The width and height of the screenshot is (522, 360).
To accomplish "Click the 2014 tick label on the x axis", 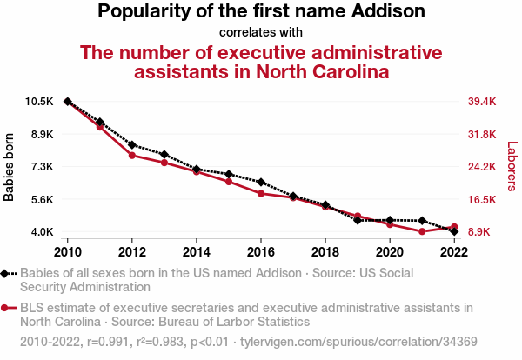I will point(197,251).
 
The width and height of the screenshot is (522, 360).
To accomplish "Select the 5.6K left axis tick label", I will point(41,199).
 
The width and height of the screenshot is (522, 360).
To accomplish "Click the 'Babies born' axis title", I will point(10,167).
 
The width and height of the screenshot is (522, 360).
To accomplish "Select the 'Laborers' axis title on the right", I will point(512,167).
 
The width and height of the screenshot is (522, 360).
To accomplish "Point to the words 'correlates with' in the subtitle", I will point(261,32).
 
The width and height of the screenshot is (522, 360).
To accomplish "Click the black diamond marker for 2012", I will point(132,144).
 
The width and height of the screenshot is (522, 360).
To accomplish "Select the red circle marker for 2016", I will point(261,193).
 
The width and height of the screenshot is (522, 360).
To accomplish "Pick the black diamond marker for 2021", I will point(422,221).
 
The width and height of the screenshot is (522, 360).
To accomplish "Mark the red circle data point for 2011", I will point(100,127).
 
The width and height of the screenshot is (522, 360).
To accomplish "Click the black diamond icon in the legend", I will point(6,273).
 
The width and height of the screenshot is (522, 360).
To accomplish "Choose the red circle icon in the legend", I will point(6,308).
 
